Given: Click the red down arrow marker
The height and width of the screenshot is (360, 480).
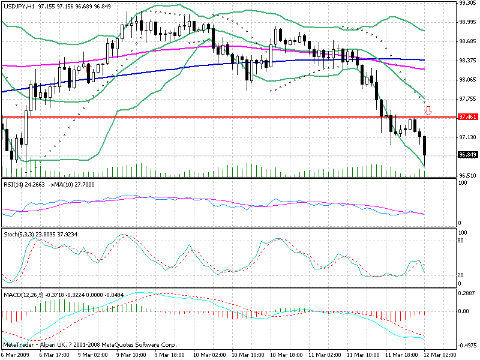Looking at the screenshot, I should [428, 110].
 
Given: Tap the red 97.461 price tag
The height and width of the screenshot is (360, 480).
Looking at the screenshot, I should [467, 116].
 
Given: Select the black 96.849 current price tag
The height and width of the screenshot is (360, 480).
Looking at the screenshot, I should [467, 155].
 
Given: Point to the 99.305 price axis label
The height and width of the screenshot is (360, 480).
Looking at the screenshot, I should [467, 3].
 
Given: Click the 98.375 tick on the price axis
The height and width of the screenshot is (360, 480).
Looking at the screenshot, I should [467, 60].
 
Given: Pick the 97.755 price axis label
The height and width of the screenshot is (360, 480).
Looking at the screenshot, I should [467, 98].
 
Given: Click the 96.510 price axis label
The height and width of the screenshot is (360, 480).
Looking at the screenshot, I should [467, 175].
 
